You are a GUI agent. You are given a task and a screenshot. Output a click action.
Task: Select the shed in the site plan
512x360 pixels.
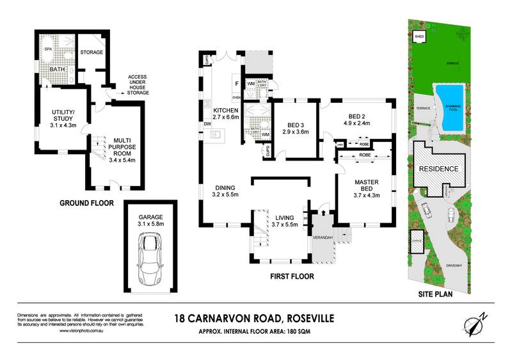point(420,38)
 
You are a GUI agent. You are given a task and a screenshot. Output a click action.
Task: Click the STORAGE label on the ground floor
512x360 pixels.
point(92,52)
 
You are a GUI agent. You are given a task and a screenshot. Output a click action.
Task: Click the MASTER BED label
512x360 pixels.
point(367,187)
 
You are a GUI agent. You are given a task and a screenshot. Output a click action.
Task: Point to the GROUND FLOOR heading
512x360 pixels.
point(86,204)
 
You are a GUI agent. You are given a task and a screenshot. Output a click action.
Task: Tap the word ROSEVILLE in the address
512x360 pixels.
point(307,317)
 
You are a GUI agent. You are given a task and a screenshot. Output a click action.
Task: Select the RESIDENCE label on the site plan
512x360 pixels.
point(438,169)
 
